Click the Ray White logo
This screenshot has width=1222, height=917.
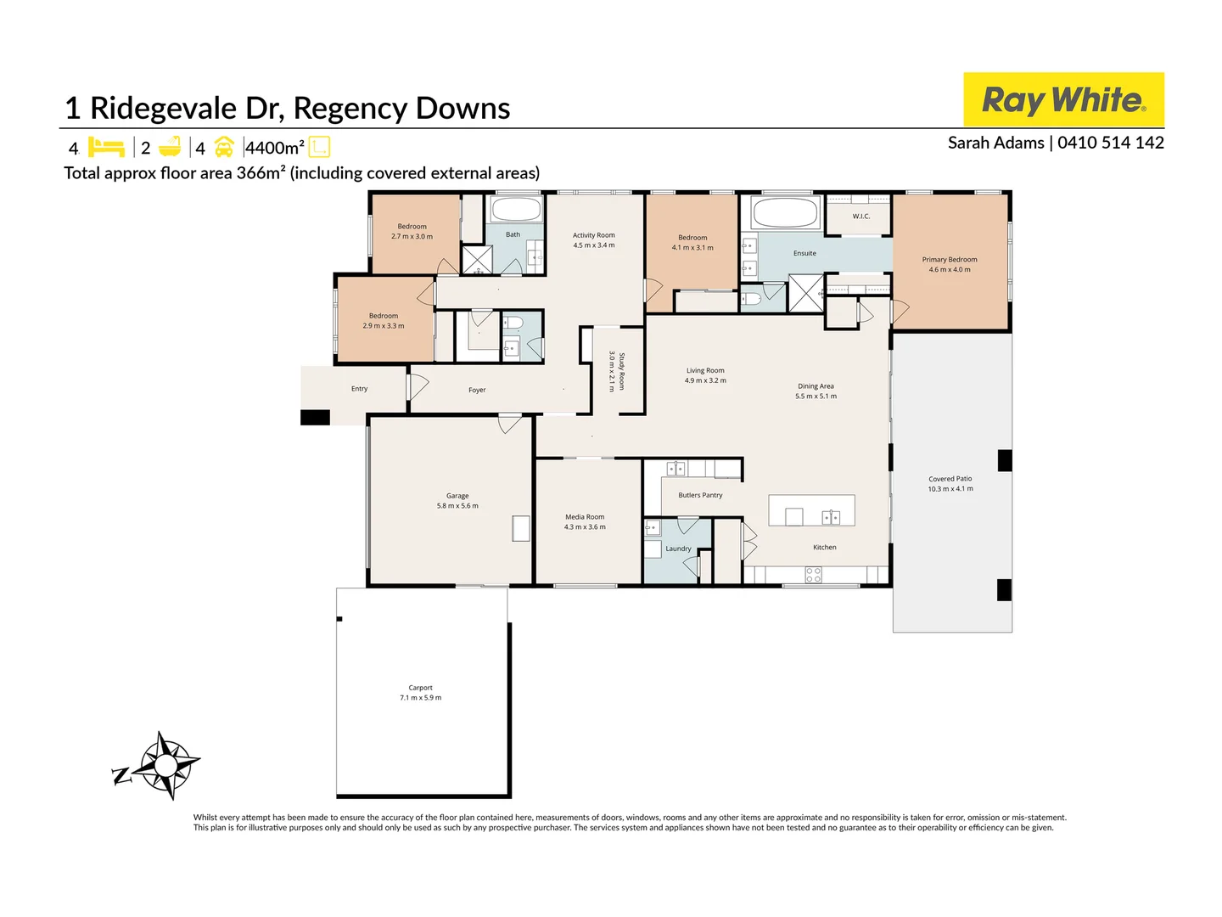1063,99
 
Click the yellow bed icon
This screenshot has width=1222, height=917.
106,148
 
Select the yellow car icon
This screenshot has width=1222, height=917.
224,148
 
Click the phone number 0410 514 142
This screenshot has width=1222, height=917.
1110,143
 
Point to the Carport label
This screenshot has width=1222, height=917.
420,688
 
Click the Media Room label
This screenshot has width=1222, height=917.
585,517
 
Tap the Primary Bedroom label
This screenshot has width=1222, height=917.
950,260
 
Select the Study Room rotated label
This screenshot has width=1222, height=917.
622,371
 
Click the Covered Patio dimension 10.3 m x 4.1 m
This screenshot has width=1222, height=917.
950,489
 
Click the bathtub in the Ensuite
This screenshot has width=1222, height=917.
785,212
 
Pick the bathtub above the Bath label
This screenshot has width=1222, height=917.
516,210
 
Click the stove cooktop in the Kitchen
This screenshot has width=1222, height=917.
813,575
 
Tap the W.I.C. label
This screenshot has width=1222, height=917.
861,217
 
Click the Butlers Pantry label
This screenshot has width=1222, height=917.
700,495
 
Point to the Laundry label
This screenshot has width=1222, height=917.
678,549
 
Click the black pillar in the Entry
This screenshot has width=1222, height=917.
315,418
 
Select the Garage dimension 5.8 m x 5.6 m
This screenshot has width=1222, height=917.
457,505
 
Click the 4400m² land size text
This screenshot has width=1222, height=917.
275,148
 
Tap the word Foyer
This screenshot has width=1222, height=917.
477,391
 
